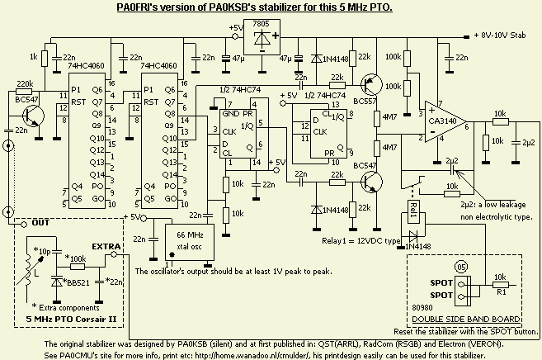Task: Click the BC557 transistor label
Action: (364, 102)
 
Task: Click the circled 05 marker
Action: (463, 266)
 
